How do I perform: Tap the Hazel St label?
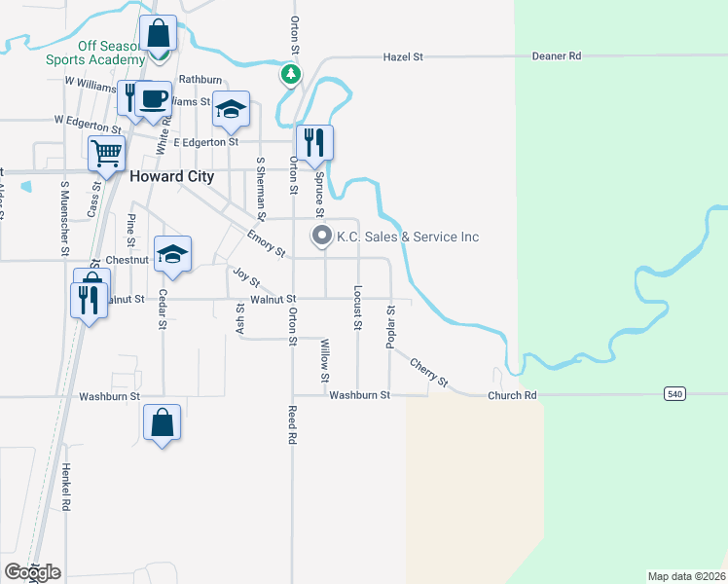(404, 57)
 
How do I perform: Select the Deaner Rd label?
(556, 56)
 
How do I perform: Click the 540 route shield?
(674, 394)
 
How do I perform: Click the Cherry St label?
(428, 373)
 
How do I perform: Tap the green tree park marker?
(290, 74)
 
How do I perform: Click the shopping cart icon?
(106, 152)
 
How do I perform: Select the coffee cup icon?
(152, 98)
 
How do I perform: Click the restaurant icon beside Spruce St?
(314, 142)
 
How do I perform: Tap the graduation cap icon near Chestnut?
(173, 253)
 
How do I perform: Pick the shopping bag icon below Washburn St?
(162, 422)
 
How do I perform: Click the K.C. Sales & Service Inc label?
(407, 237)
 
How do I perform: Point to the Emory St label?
(266, 244)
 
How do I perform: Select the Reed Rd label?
(291, 425)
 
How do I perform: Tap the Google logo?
(32, 572)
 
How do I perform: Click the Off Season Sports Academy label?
(94, 53)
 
